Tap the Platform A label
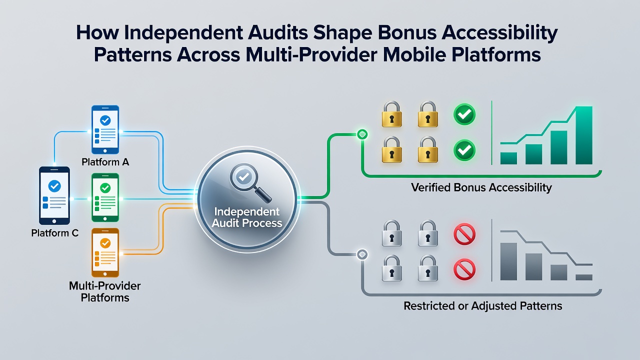point(105,162)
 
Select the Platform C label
point(54,233)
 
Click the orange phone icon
point(105,252)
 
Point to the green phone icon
point(105,197)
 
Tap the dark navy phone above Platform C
point(54,195)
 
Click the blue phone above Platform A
point(105,129)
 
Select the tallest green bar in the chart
point(583,135)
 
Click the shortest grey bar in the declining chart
point(583,277)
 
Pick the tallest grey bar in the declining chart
point(508,261)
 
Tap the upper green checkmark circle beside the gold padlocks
point(464,114)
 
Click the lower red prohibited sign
point(464,269)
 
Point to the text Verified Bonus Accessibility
point(481,187)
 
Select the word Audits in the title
point(277,32)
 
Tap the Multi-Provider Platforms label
point(105,291)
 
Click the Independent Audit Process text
point(247,217)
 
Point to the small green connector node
point(362,134)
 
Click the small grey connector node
point(362,254)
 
